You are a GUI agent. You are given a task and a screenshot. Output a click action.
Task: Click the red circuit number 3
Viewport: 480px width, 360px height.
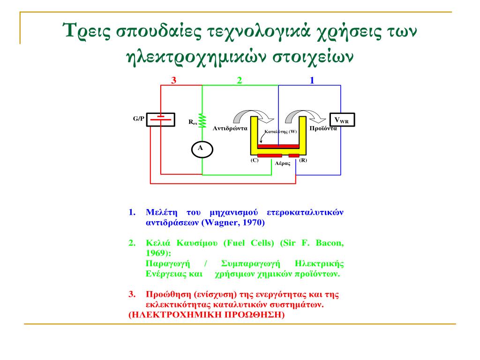click(x=173, y=80)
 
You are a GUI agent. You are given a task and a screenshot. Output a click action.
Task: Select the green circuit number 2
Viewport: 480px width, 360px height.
click(x=239, y=80)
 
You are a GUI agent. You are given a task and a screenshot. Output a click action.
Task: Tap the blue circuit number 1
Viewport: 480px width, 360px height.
click(x=312, y=80)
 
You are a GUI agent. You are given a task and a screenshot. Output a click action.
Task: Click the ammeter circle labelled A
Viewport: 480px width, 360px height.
click(x=202, y=149)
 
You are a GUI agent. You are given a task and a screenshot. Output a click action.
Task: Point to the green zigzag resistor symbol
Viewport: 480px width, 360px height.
click(x=202, y=120)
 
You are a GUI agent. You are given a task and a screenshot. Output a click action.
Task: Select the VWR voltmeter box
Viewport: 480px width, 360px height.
click(x=341, y=120)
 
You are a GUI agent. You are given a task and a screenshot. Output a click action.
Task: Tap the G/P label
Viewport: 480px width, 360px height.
click(x=139, y=119)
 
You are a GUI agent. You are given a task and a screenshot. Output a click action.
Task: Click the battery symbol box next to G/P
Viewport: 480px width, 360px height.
click(x=161, y=120)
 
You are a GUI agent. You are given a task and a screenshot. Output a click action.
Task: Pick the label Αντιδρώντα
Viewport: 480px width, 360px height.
click(x=230, y=128)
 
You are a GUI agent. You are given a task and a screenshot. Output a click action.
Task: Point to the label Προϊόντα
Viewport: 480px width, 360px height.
click(x=323, y=128)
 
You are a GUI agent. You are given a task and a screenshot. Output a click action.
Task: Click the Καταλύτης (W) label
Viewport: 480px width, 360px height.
click(x=281, y=132)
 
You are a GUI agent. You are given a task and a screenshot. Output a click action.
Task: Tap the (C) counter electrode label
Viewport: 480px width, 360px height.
click(x=255, y=160)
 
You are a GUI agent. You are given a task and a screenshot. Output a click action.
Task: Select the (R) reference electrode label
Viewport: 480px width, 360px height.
click(x=303, y=160)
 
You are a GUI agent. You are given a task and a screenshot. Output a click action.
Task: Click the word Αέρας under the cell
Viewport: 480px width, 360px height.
click(x=283, y=164)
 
